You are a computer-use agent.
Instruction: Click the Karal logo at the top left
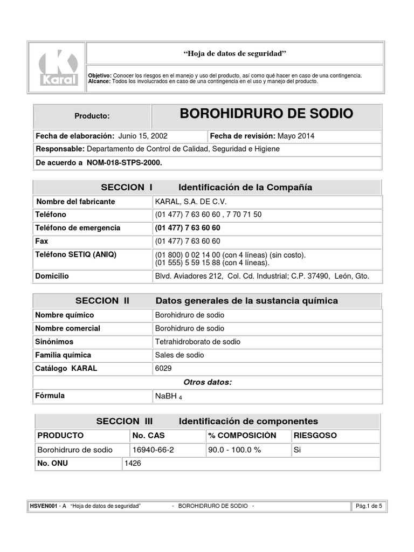[x=59, y=67]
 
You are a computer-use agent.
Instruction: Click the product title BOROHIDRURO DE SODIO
[x=266, y=114]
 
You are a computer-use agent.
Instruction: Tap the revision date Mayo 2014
[x=295, y=136]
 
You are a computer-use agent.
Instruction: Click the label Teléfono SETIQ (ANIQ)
[x=75, y=254]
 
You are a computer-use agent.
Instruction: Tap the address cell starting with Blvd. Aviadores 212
[x=262, y=276]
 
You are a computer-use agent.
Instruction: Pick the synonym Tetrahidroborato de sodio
[x=197, y=342]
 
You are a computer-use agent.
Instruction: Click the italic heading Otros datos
[x=208, y=382]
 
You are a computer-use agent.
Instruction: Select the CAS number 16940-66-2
[x=153, y=450]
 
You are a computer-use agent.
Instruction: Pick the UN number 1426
[x=133, y=463]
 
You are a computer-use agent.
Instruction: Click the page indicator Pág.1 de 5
[x=369, y=506]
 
